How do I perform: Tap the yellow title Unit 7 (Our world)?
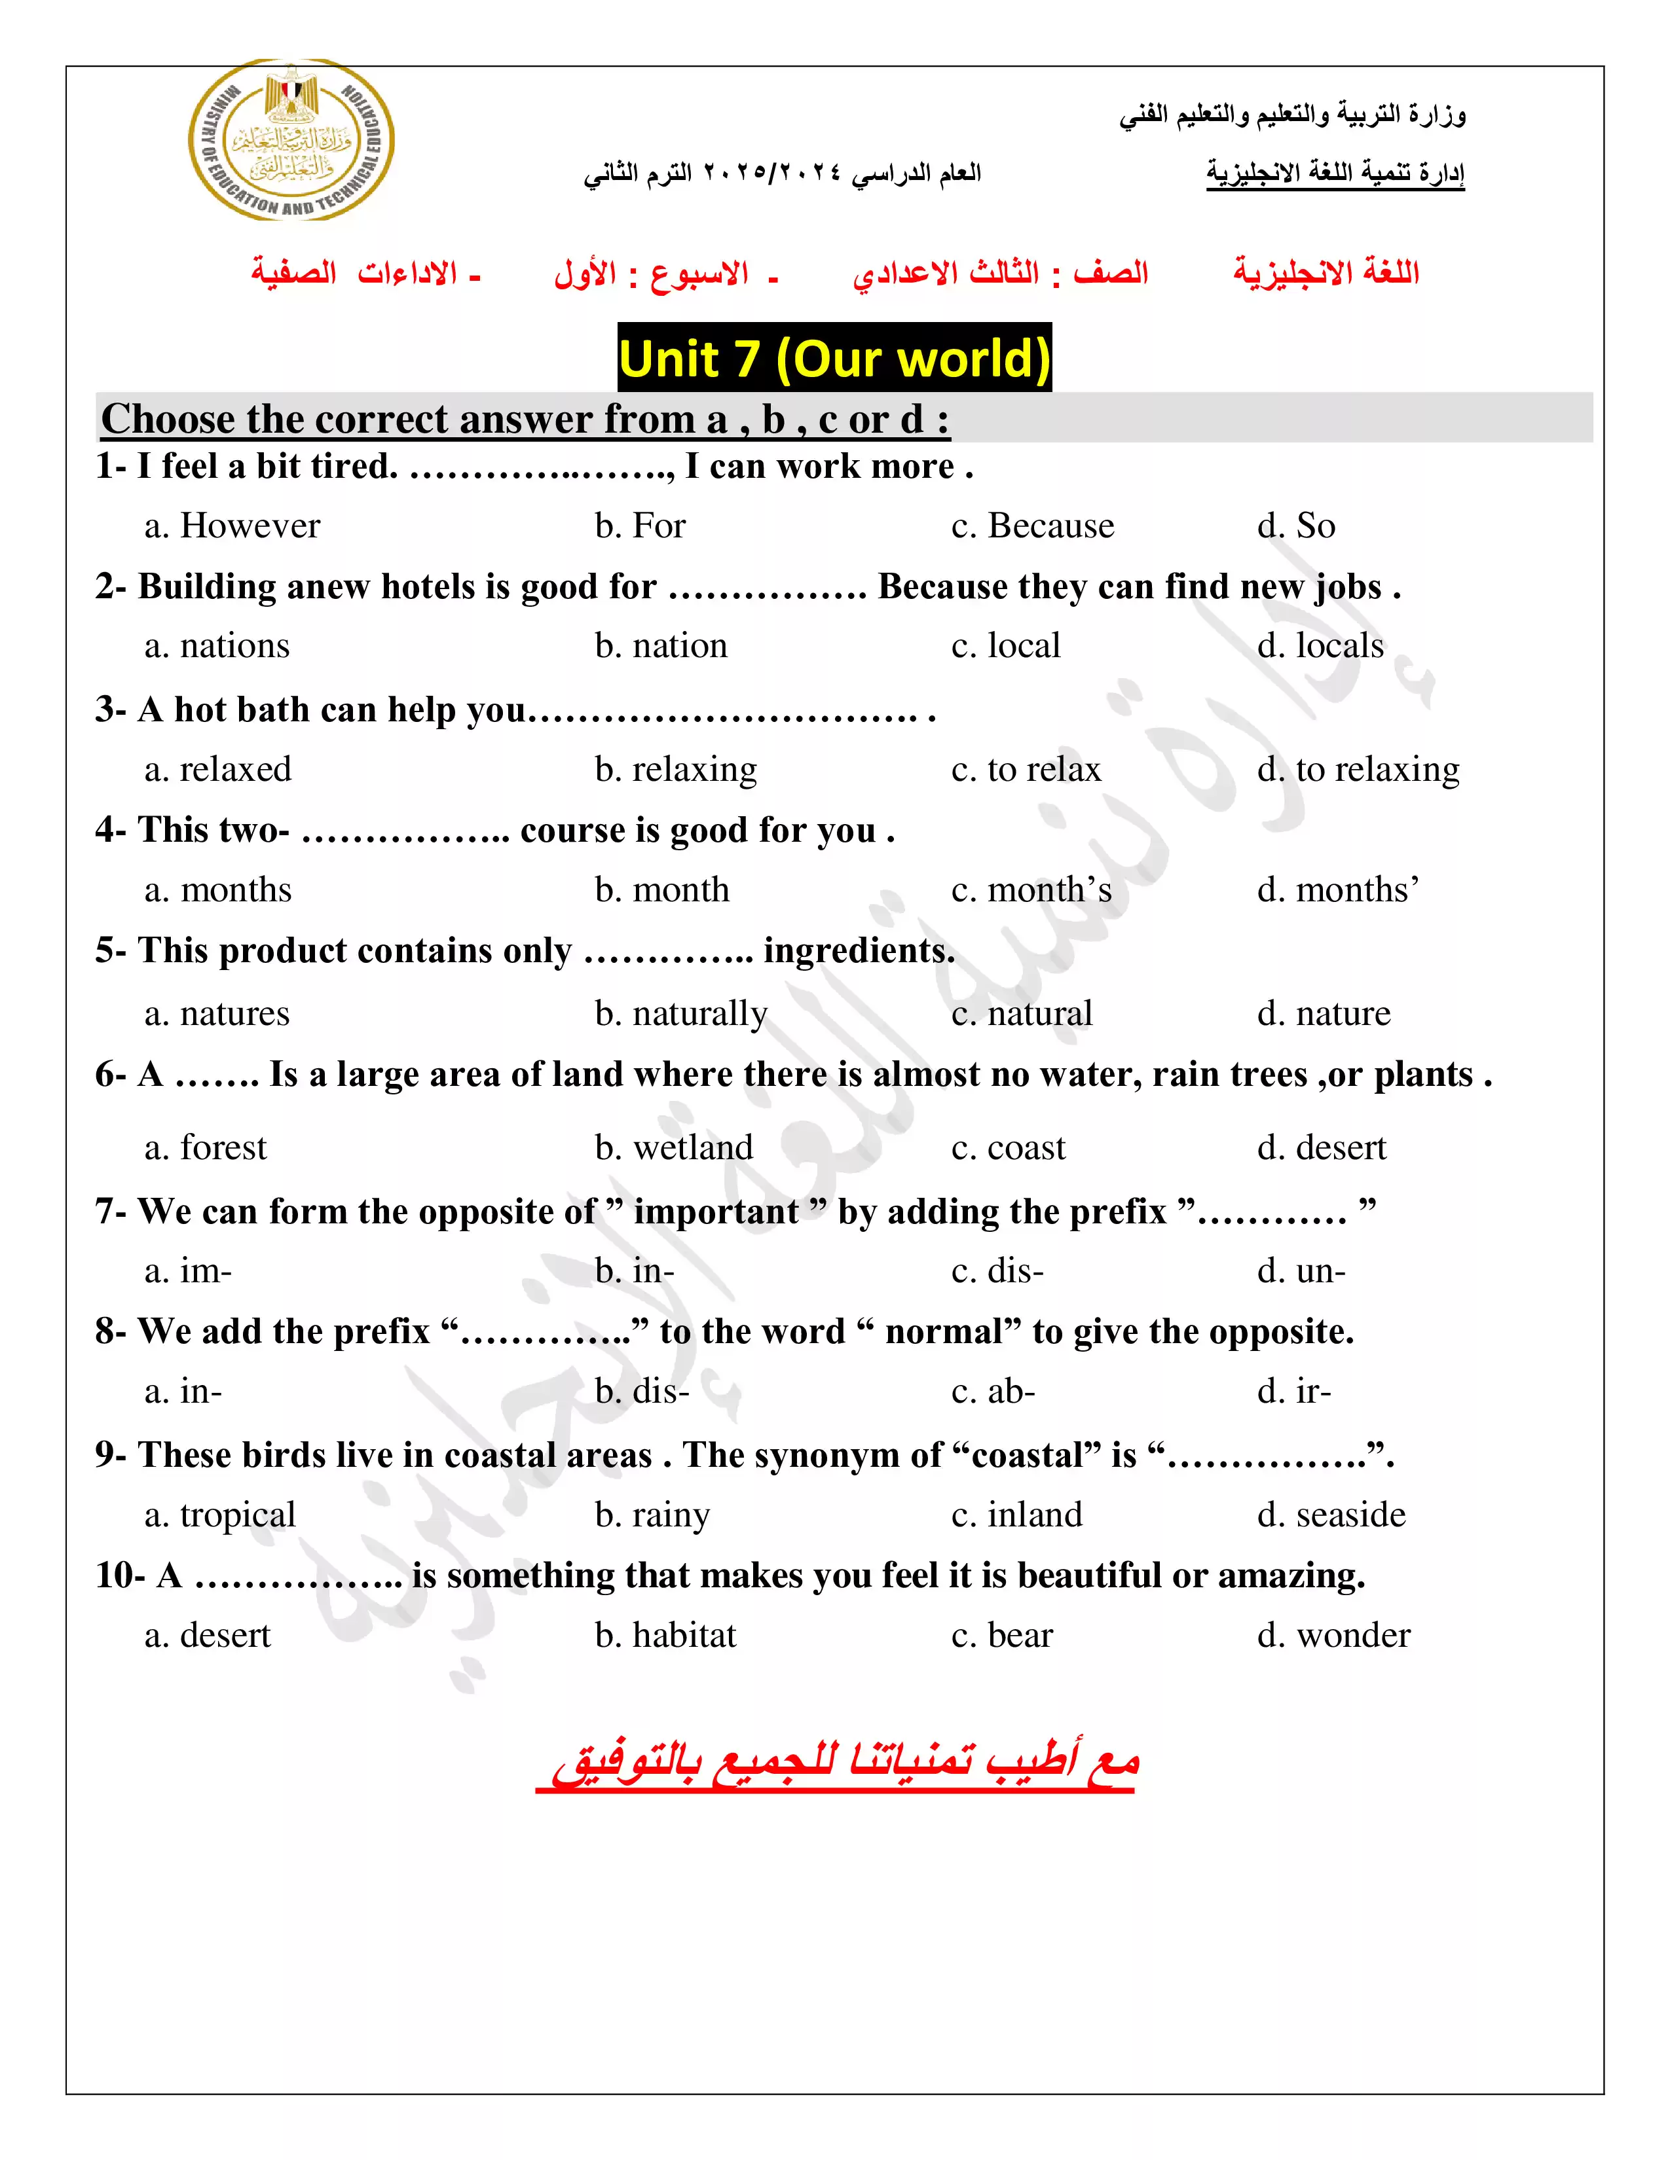[x=834, y=358]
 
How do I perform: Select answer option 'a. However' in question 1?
[x=232, y=526]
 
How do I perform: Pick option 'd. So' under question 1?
[x=1296, y=526]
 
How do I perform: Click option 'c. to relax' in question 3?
[x=1026, y=770]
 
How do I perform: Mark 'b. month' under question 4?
[x=662, y=890]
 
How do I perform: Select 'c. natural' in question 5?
[x=1022, y=1014]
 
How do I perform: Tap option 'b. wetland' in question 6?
[x=674, y=1148]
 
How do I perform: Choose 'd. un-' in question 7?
[x=1301, y=1271]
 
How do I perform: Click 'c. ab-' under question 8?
[x=993, y=1392]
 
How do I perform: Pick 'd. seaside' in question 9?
[x=1331, y=1515]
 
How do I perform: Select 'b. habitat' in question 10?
[x=666, y=1636]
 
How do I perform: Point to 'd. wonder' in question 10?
[x=1333, y=1636]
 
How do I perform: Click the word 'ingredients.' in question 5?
[x=859, y=952]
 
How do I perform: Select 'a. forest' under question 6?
[x=206, y=1148]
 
